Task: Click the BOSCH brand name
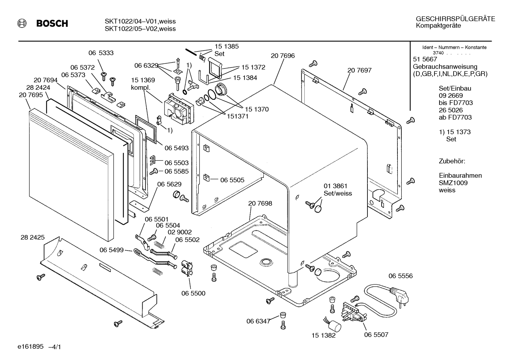point(52,24)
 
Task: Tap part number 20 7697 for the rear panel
point(359,70)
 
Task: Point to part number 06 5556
point(400,276)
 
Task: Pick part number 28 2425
point(33,237)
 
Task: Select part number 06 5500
point(193,293)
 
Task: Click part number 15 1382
point(323,336)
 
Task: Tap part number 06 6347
point(258,321)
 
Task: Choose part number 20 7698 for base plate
point(260,203)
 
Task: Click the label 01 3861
point(335,186)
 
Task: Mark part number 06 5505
point(232,180)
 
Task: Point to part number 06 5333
point(101,53)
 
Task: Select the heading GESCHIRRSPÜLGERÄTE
point(455,19)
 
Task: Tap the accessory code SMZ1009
point(453,183)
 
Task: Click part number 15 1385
point(227,46)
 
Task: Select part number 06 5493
point(176,148)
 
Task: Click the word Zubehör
point(452,161)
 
